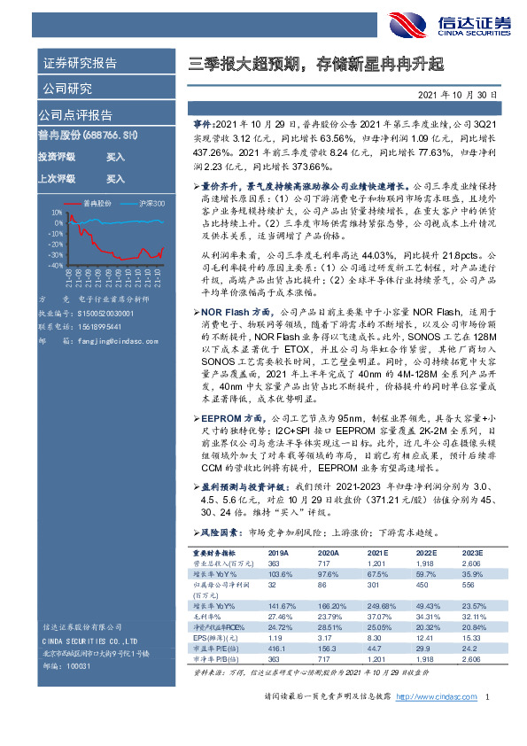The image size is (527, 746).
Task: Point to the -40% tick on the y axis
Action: (x=55, y=265)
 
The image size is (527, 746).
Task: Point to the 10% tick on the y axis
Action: (x=57, y=213)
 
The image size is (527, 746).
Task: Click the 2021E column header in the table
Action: (x=376, y=552)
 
